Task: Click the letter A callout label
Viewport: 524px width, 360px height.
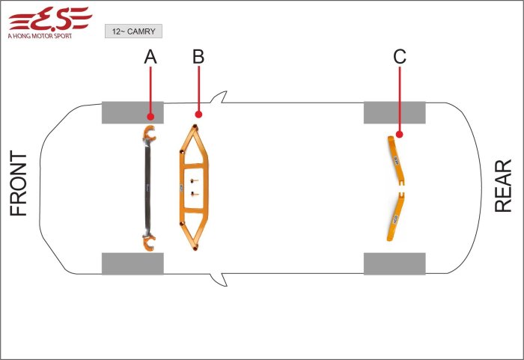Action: (x=150, y=57)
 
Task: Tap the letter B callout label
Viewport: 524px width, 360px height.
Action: (x=198, y=56)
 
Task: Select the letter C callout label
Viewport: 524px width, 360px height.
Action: (x=400, y=56)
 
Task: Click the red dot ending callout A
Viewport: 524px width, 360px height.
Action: (x=150, y=116)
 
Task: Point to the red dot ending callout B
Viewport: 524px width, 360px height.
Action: (x=198, y=115)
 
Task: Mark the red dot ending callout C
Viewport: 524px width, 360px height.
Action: (x=399, y=135)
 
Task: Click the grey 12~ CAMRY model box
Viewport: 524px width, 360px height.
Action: (x=134, y=31)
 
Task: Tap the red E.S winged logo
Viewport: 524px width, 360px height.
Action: (x=50, y=19)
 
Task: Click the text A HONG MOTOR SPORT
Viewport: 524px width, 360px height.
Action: (x=40, y=36)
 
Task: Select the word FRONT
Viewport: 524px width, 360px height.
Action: (x=19, y=183)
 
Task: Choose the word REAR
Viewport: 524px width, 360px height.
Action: (x=503, y=186)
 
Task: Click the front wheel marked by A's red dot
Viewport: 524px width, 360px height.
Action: (x=132, y=113)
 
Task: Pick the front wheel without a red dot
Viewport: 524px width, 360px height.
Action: (x=132, y=263)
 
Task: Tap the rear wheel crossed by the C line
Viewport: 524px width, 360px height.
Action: (x=394, y=113)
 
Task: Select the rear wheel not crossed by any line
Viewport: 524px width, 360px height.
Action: (x=394, y=263)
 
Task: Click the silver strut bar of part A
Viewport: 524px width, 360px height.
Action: (x=147, y=188)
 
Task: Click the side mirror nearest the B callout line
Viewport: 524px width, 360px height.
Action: (x=219, y=97)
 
